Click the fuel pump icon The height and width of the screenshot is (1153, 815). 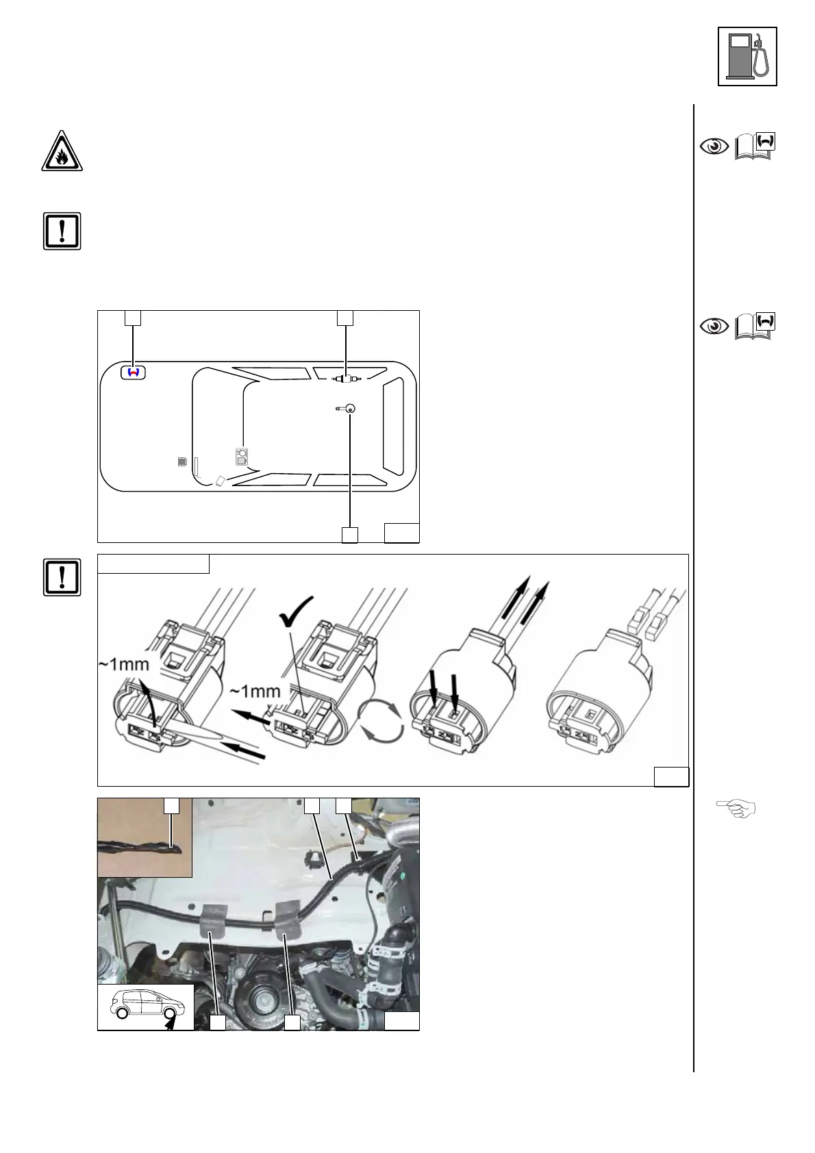(x=747, y=56)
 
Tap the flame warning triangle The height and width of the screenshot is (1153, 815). (x=62, y=151)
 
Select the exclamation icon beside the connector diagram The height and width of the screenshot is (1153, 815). (x=62, y=577)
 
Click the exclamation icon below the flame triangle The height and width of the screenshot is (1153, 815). (x=62, y=231)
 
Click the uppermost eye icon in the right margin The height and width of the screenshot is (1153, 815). (x=714, y=147)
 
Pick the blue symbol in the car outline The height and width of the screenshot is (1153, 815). (x=134, y=372)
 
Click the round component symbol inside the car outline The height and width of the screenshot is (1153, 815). (x=349, y=409)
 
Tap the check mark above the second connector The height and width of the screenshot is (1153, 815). (x=297, y=610)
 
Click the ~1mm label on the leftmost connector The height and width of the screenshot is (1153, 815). (x=124, y=663)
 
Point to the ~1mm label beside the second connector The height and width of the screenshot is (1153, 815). (x=255, y=691)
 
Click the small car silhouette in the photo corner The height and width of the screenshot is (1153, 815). (x=145, y=1005)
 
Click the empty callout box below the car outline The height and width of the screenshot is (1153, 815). (x=349, y=534)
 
